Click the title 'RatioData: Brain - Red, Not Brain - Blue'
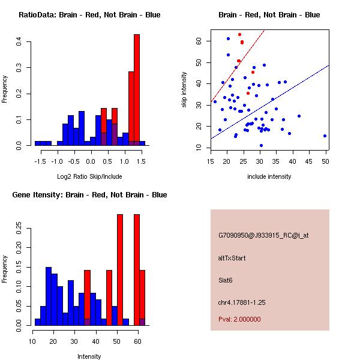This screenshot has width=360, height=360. click(89, 15)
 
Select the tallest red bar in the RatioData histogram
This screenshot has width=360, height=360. click(137, 90)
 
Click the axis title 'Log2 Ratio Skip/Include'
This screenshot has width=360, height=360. click(89, 176)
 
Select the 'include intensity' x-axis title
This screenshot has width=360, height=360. click(269, 176)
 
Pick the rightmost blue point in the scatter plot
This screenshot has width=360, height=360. click(325, 136)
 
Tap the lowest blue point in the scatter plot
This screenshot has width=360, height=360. click(261, 145)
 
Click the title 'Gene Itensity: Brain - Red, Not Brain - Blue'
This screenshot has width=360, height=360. click(89, 195)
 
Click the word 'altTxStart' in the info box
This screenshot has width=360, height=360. click(232, 258)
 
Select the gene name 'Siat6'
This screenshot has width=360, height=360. click(226, 280)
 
